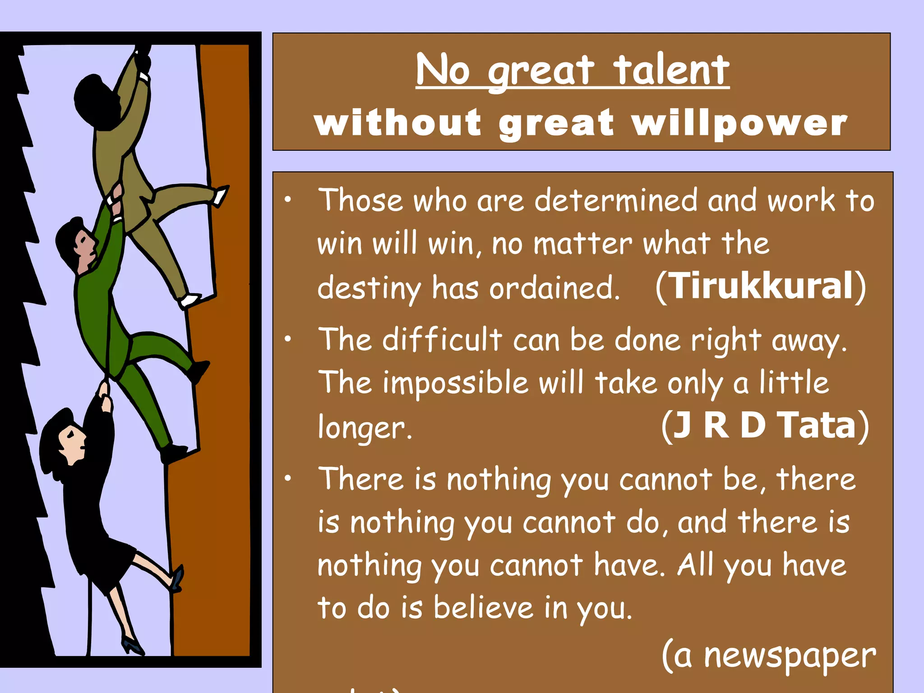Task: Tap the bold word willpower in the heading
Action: tap(740, 124)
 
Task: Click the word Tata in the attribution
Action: tap(817, 425)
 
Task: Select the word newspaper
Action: tap(790, 656)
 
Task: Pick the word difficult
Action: tap(442, 339)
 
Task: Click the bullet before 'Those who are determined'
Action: tap(288, 199)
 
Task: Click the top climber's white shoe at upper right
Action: tap(221, 196)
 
